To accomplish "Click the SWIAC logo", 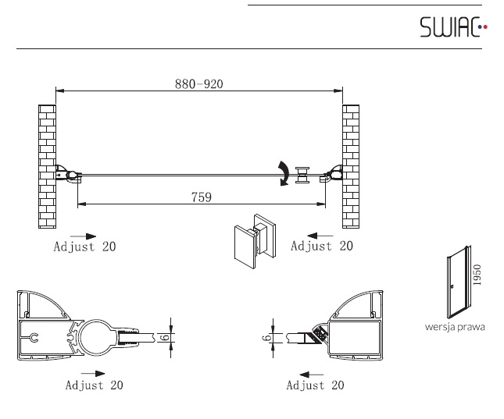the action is click(x=453, y=27).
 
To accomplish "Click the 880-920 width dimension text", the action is click(x=199, y=84).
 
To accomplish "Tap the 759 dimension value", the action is click(x=202, y=197).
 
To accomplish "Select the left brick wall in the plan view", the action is click(x=47, y=166).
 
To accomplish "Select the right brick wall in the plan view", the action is click(x=351, y=166).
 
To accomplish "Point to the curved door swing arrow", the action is click(x=284, y=172).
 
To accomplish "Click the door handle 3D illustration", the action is click(x=255, y=241).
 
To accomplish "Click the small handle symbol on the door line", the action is click(x=302, y=175).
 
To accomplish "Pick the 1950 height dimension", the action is click(x=477, y=275).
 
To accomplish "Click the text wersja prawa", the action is click(x=455, y=327).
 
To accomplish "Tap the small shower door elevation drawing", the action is click(x=459, y=282).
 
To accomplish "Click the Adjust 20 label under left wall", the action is click(x=84, y=247).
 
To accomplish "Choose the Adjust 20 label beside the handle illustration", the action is click(x=322, y=246).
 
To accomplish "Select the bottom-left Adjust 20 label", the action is click(x=95, y=385).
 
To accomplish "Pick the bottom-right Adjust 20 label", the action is click(x=315, y=385).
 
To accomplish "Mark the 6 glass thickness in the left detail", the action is click(x=165, y=337).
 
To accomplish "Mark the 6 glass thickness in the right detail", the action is click(x=266, y=338).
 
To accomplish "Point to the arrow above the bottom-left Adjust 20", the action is click(x=93, y=374).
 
